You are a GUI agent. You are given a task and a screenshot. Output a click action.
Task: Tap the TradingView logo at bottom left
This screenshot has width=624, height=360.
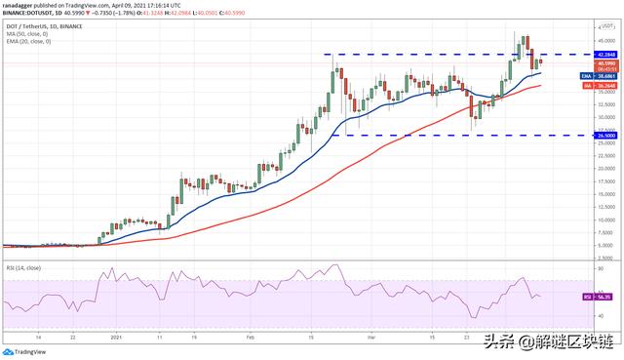point(26,352)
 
